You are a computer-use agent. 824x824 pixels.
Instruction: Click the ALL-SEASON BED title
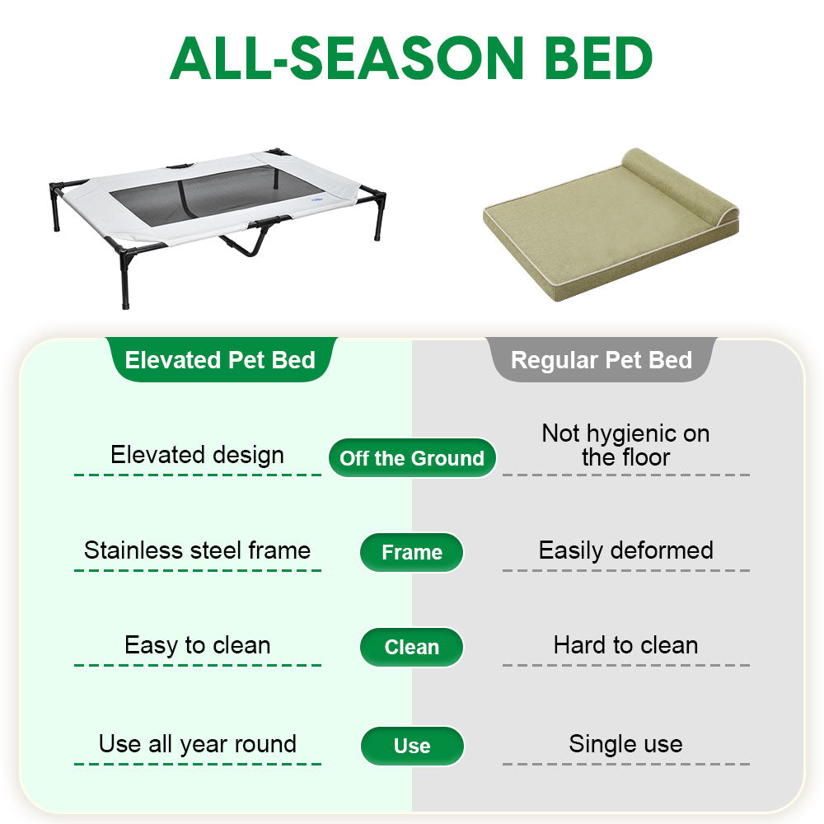[412, 58]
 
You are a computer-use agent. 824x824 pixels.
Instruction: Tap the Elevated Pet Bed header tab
[220, 360]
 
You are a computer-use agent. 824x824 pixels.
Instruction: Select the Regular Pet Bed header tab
[602, 360]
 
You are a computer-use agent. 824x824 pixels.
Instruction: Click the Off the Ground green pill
[412, 458]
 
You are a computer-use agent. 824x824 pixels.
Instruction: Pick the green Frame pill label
[412, 553]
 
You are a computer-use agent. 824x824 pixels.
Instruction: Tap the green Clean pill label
[412, 648]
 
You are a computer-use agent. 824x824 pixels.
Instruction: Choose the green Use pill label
[412, 747]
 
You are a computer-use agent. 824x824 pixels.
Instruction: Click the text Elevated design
[197, 455]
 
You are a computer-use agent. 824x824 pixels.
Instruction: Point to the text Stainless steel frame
[197, 550]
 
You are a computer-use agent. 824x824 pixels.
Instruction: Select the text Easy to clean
[197, 645]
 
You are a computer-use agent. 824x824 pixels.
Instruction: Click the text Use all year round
[197, 744]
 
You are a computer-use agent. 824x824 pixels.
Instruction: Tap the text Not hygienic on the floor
[625, 445]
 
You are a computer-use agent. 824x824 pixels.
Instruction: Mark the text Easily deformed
[625, 550]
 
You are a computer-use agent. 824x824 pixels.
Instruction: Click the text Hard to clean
[625, 645]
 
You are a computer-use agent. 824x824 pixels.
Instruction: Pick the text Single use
[625, 744]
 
